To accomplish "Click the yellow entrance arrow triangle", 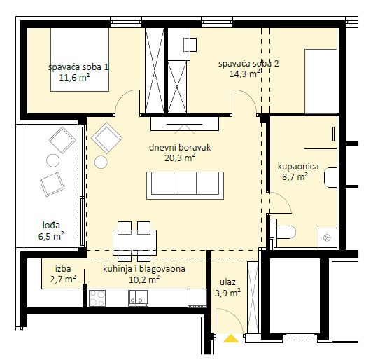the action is click(231, 338).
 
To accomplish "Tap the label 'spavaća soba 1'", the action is click(78, 67).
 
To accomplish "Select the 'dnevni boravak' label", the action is click(180, 148).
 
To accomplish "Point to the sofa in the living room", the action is click(185, 185).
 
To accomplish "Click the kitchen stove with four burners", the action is click(97, 298).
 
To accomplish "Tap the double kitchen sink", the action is click(138, 298).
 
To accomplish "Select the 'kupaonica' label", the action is click(298, 167).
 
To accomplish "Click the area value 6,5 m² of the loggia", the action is click(51, 236).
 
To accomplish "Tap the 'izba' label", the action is click(63, 268).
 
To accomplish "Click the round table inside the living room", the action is click(101, 162).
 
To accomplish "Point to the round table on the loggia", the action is click(52, 160).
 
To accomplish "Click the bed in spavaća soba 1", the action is click(80, 60).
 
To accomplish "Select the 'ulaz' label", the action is click(227, 282).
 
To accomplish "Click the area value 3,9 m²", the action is click(227, 293).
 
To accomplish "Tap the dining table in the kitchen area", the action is click(134, 242).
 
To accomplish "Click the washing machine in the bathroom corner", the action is click(328, 237).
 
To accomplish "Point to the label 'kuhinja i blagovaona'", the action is click(144, 269).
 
